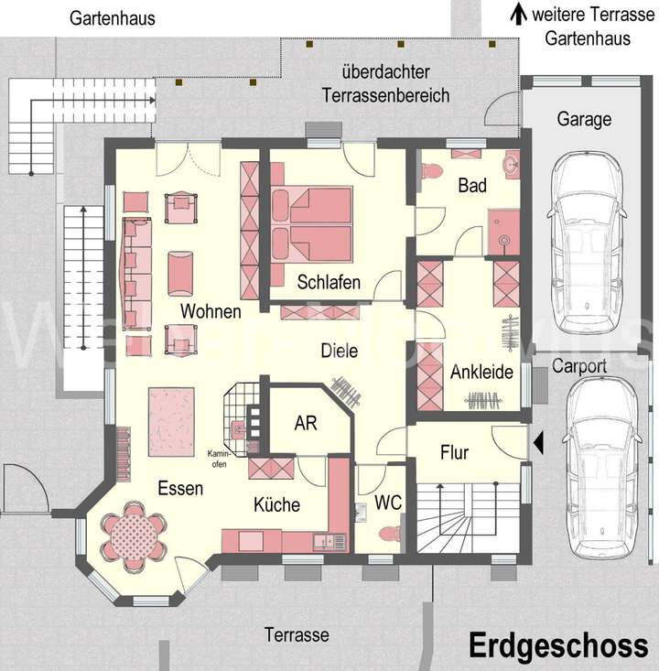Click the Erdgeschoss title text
558,645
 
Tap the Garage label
583,119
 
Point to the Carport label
579,366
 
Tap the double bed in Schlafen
312,225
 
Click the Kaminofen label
218,460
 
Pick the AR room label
305,425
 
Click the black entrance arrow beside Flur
538,445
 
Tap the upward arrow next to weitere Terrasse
518,14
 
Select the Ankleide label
481,373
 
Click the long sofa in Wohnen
137,273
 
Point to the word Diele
339,351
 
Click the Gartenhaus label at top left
112,18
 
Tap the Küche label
276,504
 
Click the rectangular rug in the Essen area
172,421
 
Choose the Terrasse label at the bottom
296,634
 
